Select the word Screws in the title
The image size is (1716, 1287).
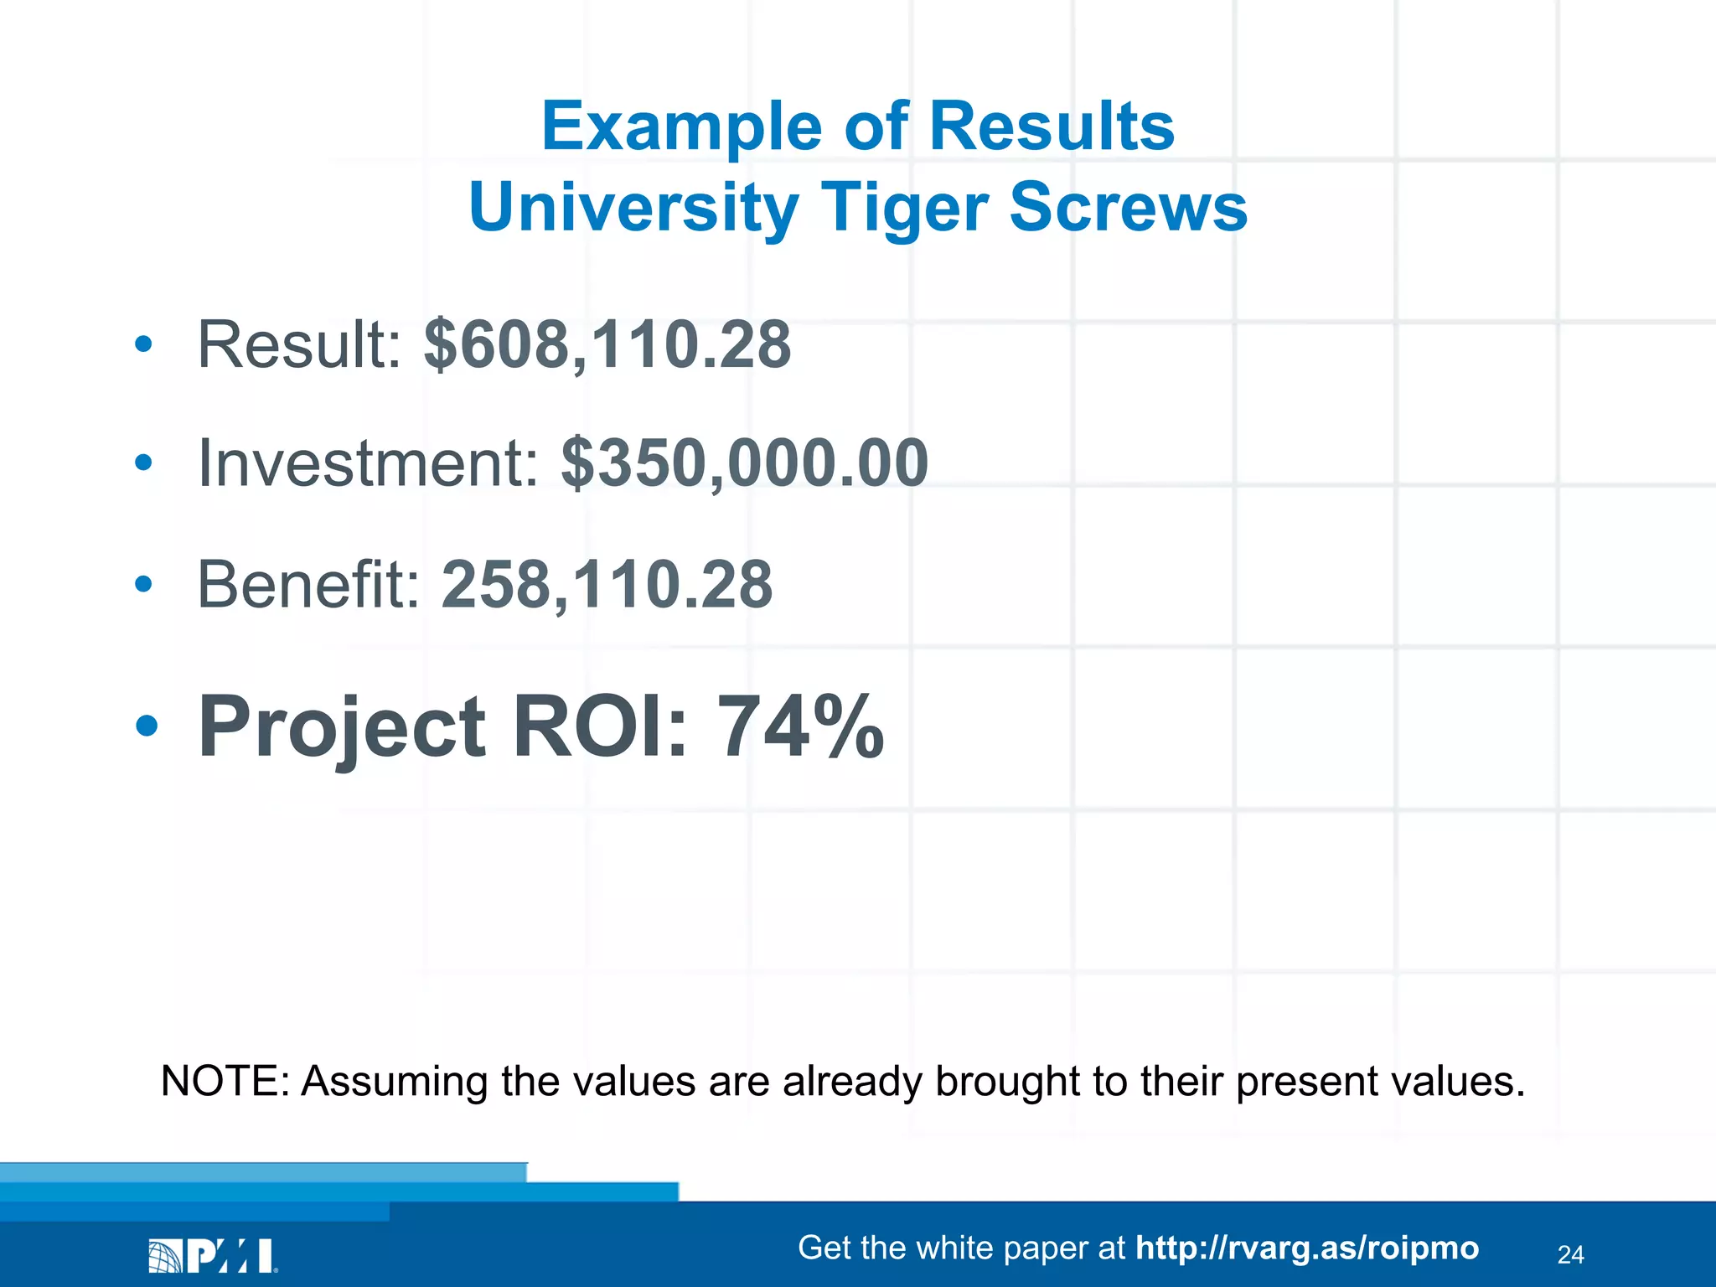[1129, 208]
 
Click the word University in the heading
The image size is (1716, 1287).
[633, 208]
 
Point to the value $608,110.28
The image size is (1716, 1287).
[607, 344]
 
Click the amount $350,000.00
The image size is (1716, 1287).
[745, 463]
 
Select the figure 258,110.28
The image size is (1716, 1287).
[607, 584]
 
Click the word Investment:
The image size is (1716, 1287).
[369, 463]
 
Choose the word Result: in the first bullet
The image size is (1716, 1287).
[300, 344]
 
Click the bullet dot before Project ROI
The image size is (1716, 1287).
[147, 726]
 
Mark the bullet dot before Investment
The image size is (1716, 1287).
[144, 463]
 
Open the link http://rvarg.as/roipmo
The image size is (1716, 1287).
[1307, 1248]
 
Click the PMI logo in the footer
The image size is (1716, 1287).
[213, 1256]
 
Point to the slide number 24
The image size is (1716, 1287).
[1570, 1254]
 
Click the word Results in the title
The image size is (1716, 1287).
[1052, 127]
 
